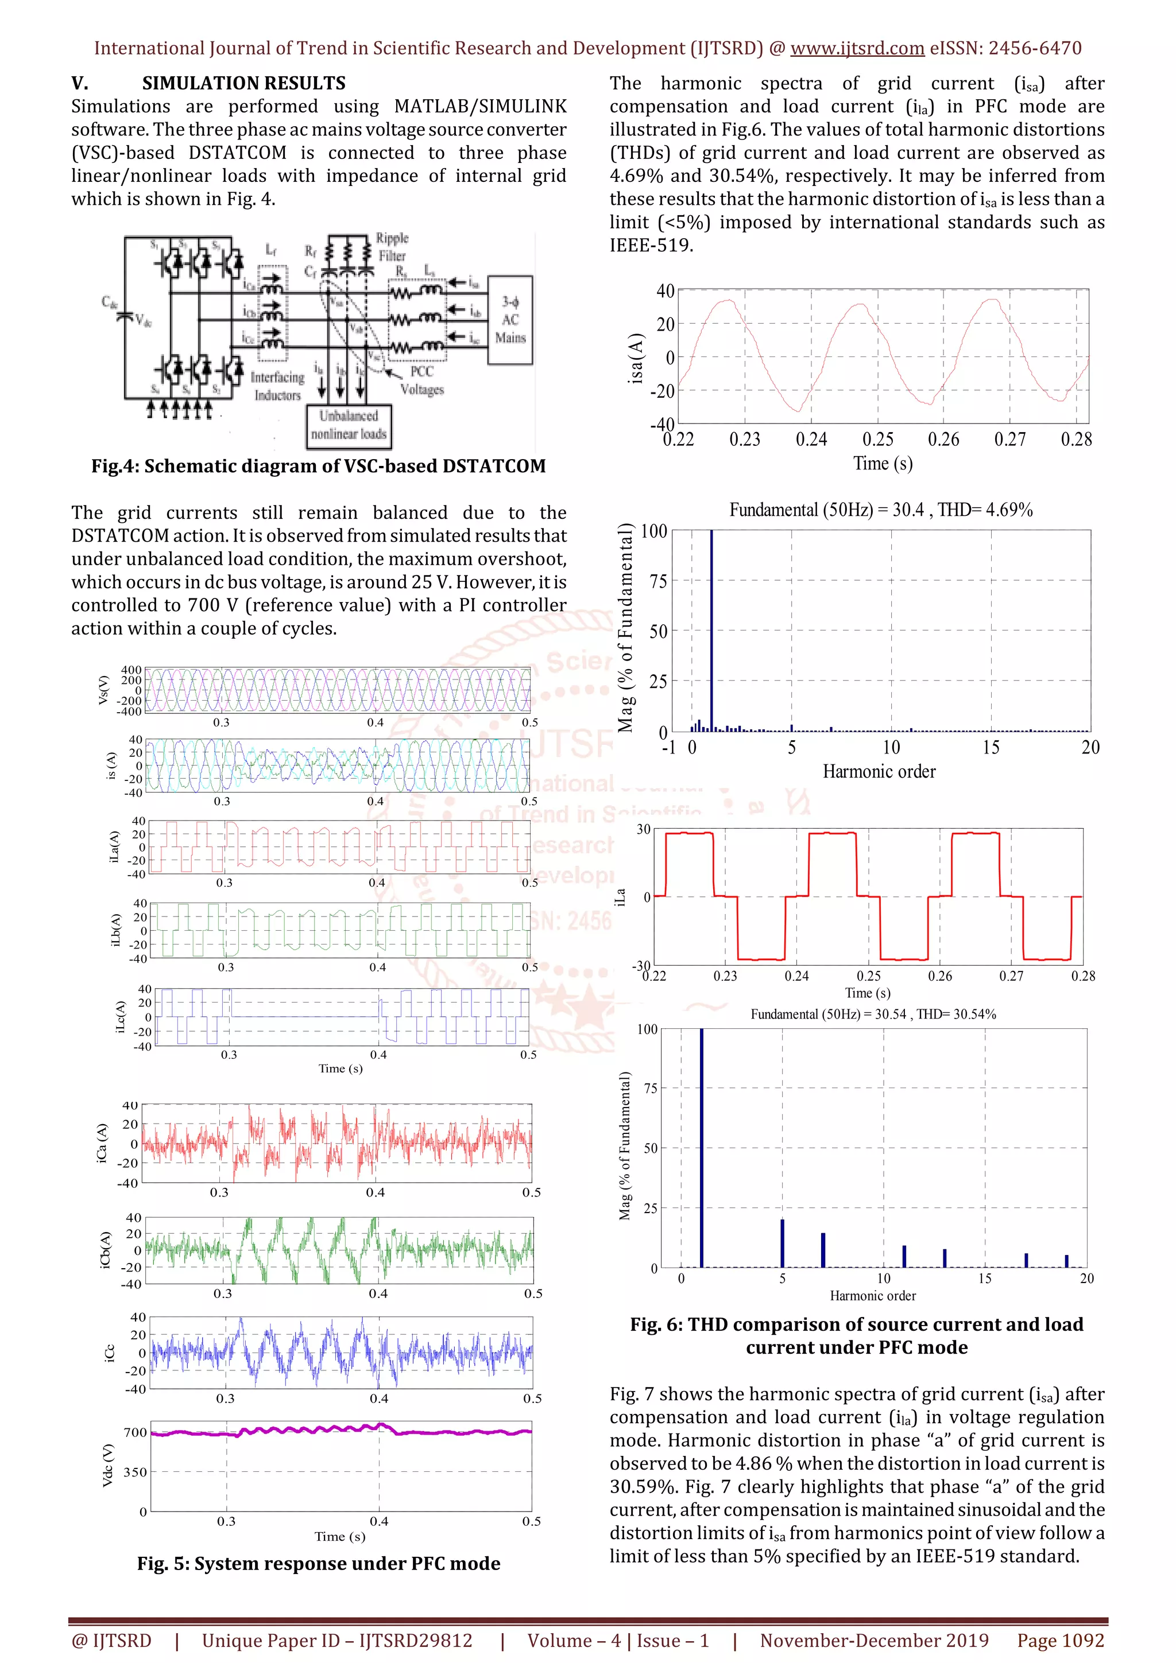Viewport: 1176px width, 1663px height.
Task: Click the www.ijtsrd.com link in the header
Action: click(x=857, y=49)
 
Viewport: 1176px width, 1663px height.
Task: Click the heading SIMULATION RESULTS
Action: click(x=243, y=83)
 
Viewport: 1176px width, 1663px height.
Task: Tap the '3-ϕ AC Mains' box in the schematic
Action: click(x=510, y=320)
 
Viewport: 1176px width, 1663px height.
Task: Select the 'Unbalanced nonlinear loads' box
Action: click(x=349, y=425)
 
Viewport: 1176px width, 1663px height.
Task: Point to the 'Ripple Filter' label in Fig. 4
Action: click(x=392, y=247)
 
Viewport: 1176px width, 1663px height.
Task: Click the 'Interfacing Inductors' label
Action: click(x=277, y=386)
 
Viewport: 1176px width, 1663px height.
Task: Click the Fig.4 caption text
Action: click(x=318, y=467)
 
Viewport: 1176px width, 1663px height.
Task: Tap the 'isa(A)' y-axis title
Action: click(x=636, y=358)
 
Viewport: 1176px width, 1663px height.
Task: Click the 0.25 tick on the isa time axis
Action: click(x=877, y=440)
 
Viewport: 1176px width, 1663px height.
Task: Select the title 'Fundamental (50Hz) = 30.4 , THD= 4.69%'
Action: click(x=880, y=510)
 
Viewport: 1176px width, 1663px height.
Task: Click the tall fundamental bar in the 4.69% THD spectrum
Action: click(x=711, y=630)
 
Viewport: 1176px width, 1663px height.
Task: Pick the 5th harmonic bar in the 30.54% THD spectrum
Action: click(x=783, y=1243)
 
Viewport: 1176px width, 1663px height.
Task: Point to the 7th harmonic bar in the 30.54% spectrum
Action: click(x=823, y=1249)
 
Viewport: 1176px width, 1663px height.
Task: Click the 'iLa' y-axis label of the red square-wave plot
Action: click(x=620, y=897)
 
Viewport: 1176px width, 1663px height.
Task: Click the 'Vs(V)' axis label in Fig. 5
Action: click(x=103, y=690)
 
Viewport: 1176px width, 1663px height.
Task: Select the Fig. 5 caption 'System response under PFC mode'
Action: click(x=318, y=1564)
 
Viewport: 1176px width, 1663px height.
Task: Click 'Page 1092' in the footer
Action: click(x=1060, y=1641)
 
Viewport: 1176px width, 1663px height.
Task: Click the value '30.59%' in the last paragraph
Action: click(x=637, y=1487)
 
